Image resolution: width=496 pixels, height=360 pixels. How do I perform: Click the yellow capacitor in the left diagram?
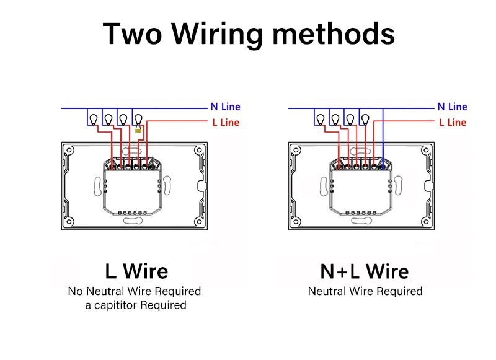138,130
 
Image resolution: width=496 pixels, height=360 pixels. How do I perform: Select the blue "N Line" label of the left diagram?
225,107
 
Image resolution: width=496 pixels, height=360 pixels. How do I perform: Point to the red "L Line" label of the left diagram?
225,123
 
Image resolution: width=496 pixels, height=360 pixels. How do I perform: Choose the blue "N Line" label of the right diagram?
452,107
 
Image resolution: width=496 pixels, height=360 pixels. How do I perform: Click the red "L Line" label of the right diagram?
452,123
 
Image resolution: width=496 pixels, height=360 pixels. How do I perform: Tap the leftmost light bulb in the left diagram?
93,118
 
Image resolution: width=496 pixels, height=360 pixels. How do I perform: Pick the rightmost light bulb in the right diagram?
365,118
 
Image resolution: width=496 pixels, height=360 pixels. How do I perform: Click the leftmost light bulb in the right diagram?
320,118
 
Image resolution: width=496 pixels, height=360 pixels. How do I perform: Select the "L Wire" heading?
136,271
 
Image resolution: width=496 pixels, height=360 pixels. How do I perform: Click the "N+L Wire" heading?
365,271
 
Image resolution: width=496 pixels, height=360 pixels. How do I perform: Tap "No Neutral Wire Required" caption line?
135,291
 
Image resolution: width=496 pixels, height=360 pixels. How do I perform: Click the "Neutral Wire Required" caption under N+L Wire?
365,291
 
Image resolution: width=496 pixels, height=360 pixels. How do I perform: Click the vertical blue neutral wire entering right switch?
383,136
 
